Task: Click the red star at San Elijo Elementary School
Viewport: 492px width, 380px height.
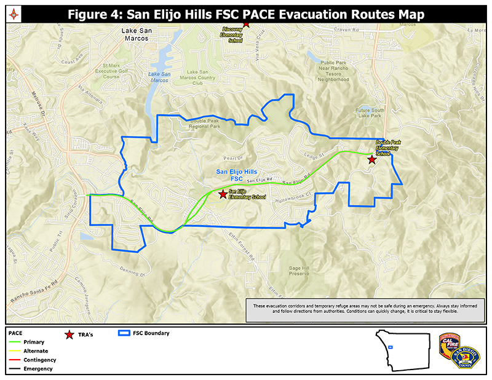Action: point(222,194)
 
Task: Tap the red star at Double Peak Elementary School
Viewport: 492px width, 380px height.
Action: point(371,160)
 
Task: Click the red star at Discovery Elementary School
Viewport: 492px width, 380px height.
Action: point(246,23)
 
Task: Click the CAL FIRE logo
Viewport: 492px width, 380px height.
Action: point(449,345)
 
